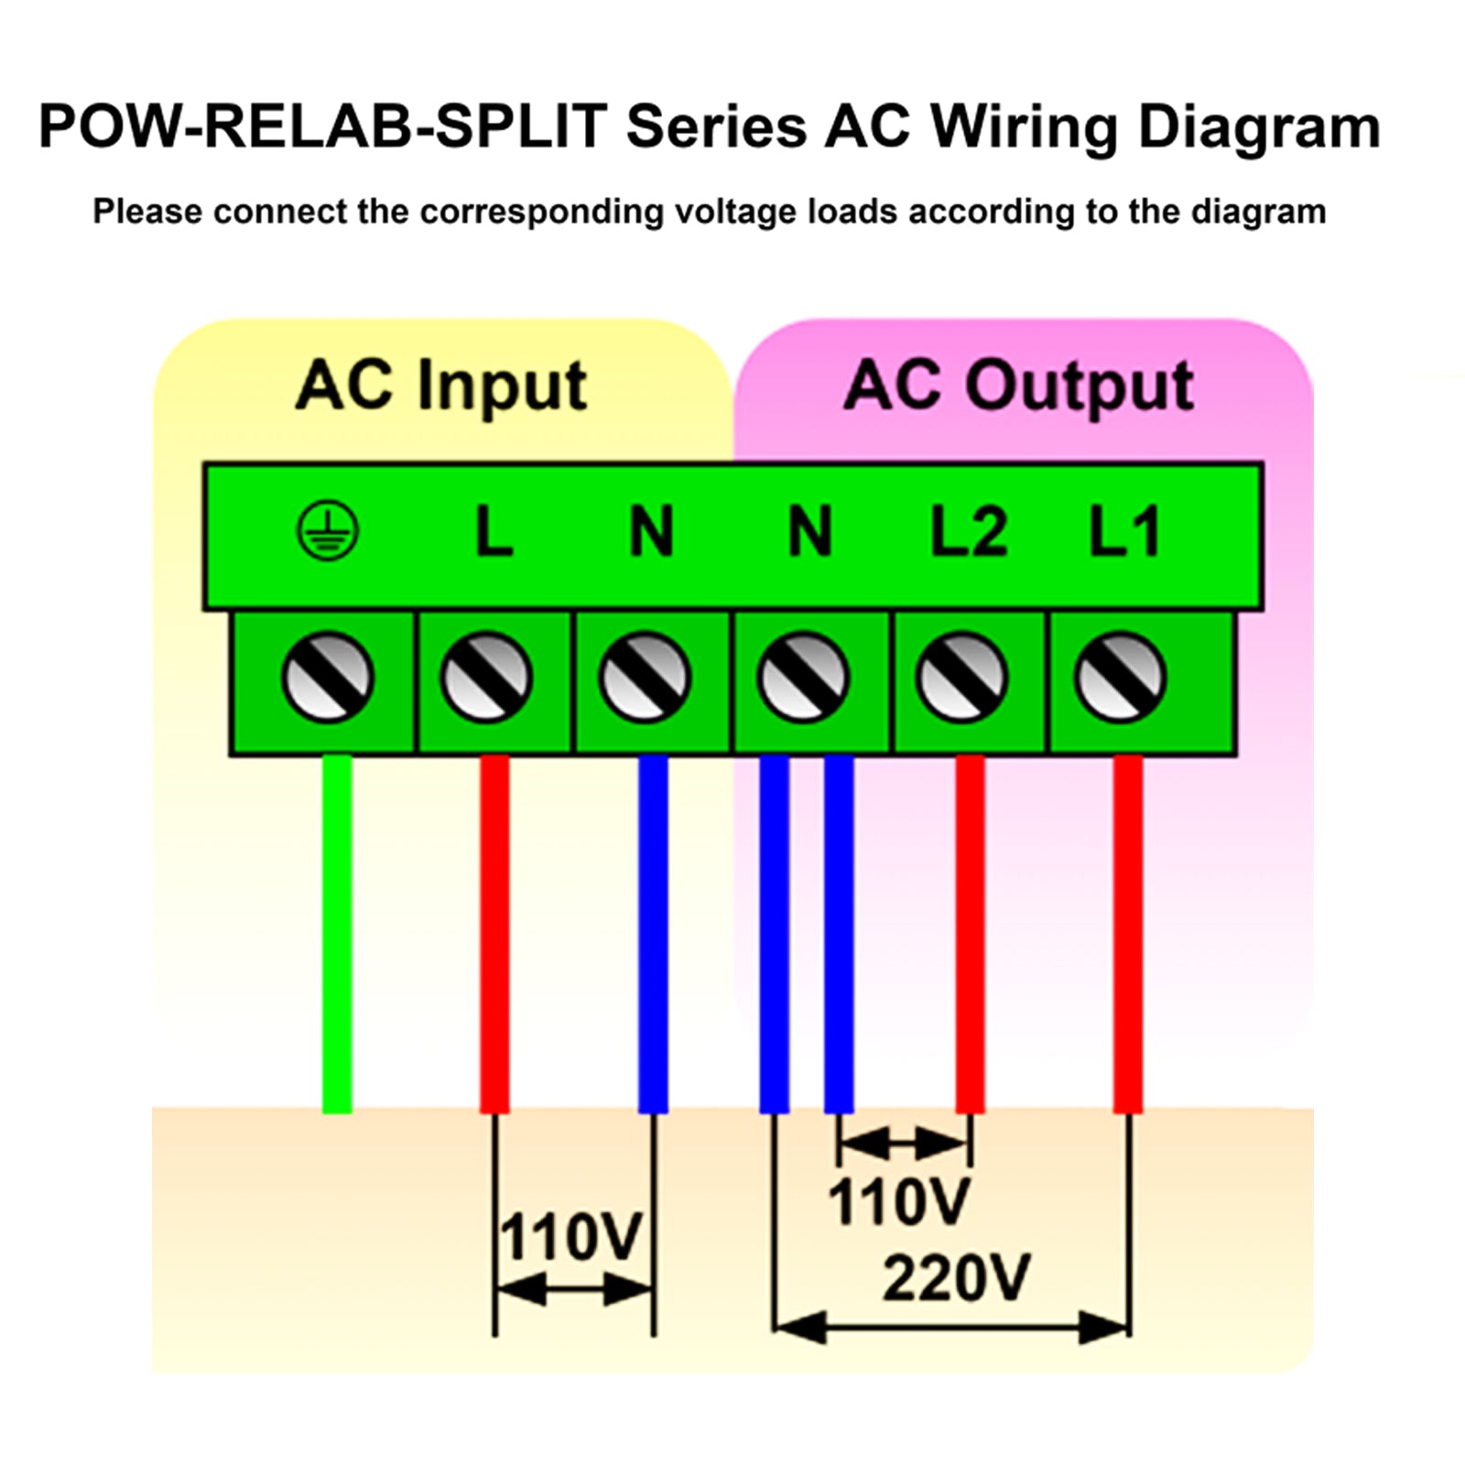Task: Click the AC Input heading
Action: (440, 386)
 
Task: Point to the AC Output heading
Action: (1018, 386)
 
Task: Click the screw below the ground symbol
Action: (328, 678)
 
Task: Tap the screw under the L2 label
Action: (961, 678)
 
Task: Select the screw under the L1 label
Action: (1120, 678)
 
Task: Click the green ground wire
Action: (337, 934)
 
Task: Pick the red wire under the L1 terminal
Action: (1128, 934)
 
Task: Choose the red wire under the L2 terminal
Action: (971, 934)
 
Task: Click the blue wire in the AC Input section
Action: (653, 934)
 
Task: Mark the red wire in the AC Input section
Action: (494, 934)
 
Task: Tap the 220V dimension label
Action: (956, 1278)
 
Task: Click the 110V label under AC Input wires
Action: (571, 1238)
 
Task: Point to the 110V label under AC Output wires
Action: (898, 1202)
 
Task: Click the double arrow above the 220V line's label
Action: (903, 1144)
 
